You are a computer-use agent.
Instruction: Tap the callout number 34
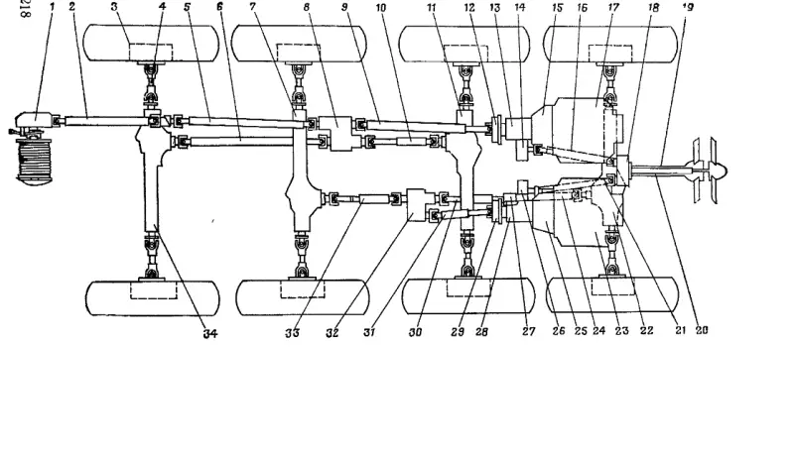pyautogui.click(x=209, y=334)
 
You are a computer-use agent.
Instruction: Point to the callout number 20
pyautogui.click(x=700, y=333)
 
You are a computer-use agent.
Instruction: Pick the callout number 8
pyautogui.click(x=307, y=7)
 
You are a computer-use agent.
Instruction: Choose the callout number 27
pyautogui.click(x=528, y=333)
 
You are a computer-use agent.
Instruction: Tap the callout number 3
pyautogui.click(x=114, y=7)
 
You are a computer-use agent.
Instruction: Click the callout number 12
pyautogui.click(x=469, y=7)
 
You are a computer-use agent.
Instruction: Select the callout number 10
pyautogui.click(x=381, y=7)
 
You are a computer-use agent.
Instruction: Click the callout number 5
pyautogui.click(x=187, y=7)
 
